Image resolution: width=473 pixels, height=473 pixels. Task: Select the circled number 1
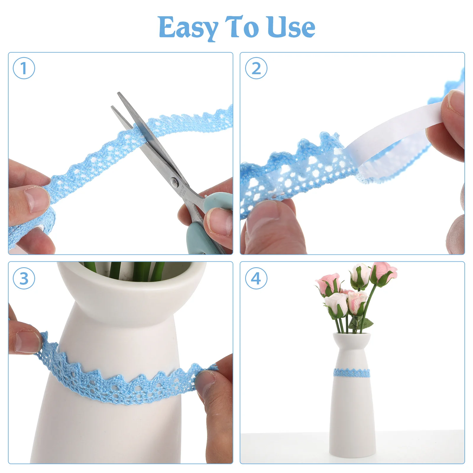pyautogui.click(x=24, y=68)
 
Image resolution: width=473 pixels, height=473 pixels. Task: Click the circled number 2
pyautogui.click(x=256, y=68)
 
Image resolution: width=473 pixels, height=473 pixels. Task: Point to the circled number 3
pyautogui.click(x=24, y=278)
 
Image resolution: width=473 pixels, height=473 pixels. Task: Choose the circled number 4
pyautogui.click(x=256, y=278)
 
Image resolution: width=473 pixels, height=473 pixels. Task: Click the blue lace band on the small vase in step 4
pyautogui.click(x=351, y=373)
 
